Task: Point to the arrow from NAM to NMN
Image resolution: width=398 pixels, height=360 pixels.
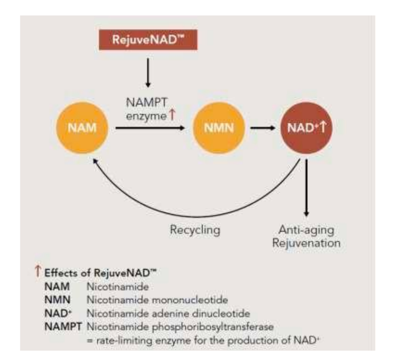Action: (x=150, y=128)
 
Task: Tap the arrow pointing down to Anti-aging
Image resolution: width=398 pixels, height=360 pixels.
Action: (x=307, y=187)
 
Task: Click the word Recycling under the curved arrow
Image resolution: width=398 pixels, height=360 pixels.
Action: (x=195, y=230)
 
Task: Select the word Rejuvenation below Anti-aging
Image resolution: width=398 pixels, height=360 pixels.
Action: (x=307, y=243)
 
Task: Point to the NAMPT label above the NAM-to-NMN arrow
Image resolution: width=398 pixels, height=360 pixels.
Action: (x=147, y=103)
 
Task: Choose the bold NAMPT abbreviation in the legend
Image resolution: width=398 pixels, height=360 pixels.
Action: (x=64, y=327)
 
